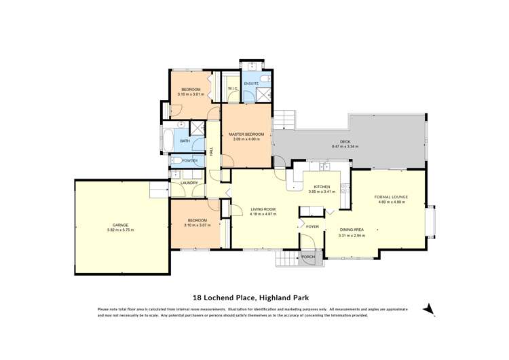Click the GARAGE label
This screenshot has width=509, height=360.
click(x=120, y=225)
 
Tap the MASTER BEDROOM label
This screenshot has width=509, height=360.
click(x=246, y=134)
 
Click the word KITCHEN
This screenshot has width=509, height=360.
click(x=321, y=187)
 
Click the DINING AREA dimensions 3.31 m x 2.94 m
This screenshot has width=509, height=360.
click(x=352, y=235)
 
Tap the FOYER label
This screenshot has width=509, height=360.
click(x=312, y=226)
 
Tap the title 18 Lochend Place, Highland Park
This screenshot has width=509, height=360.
click(x=254, y=297)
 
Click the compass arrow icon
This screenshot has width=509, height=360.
click(x=428, y=309)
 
